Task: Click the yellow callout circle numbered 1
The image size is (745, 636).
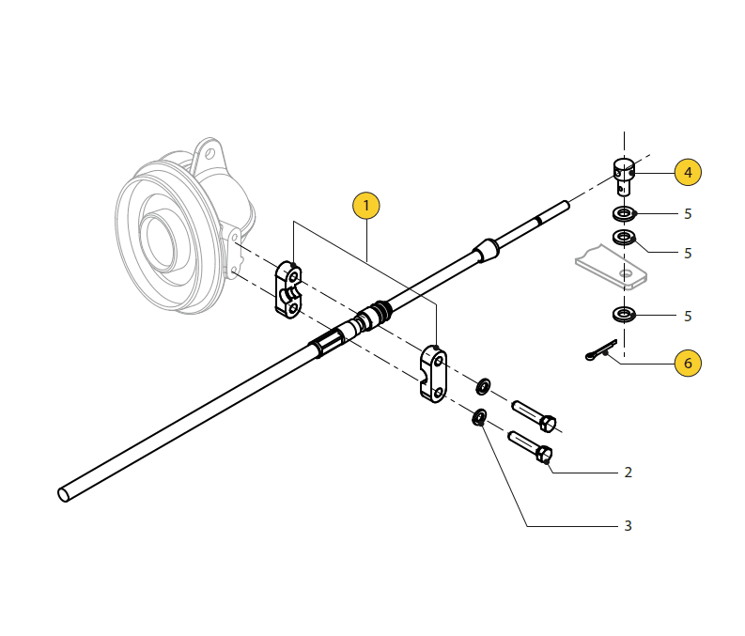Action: pos(365,206)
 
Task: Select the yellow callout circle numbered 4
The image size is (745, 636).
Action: pos(688,172)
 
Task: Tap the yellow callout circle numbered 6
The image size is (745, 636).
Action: pos(688,363)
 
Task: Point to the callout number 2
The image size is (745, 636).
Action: pos(629,473)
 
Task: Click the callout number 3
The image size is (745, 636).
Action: pos(629,526)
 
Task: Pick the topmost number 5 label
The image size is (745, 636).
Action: pos(688,214)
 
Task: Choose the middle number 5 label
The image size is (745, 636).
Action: pos(688,254)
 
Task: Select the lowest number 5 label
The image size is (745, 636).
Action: pos(688,317)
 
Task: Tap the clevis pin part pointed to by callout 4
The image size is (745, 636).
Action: pos(624,175)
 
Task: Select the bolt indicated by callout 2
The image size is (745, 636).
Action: pos(531,445)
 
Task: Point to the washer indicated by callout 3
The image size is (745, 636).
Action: pos(479,417)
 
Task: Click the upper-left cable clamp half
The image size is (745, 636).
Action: pos(287,290)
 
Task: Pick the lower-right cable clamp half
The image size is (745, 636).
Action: pos(433,373)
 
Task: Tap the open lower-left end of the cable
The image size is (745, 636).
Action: pos(64,493)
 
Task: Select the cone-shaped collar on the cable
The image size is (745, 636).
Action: pos(487,250)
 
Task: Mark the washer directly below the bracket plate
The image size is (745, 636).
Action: pos(623,313)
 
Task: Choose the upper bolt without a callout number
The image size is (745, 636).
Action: pos(535,414)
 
